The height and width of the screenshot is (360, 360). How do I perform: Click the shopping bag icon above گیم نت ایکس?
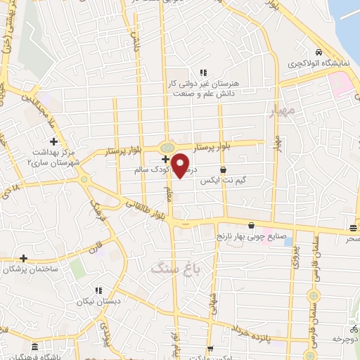tap(223, 169)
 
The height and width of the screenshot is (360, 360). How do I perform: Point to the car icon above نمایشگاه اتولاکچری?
tap(319, 53)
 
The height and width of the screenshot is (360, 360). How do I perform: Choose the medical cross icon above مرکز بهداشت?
tap(53, 141)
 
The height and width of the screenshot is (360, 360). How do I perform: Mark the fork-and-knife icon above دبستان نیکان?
tap(99, 290)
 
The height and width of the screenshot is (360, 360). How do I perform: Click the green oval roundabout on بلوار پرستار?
tap(167, 147)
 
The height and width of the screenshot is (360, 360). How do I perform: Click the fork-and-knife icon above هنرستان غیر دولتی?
tap(203, 72)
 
